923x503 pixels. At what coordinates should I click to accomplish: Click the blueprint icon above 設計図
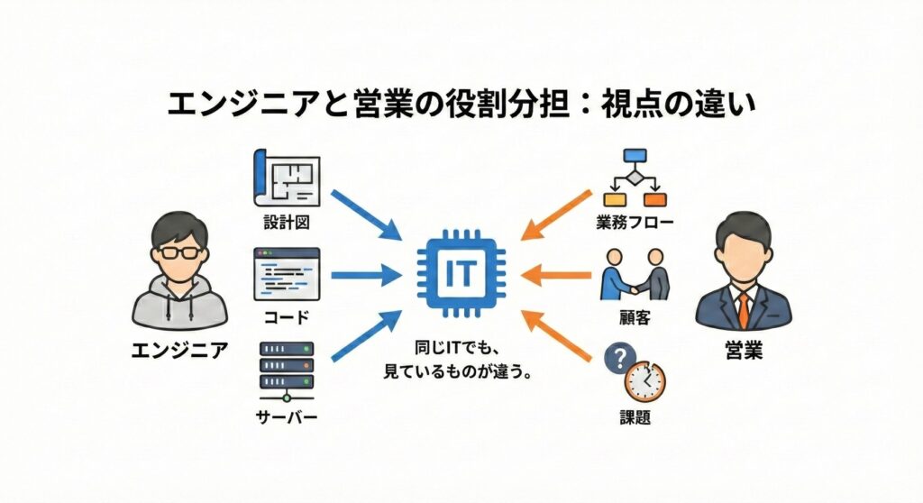(x=286, y=179)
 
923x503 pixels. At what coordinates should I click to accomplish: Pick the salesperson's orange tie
(x=743, y=308)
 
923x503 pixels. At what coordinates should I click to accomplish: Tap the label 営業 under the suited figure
(x=743, y=351)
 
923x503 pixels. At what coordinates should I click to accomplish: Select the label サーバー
(x=286, y=417)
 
